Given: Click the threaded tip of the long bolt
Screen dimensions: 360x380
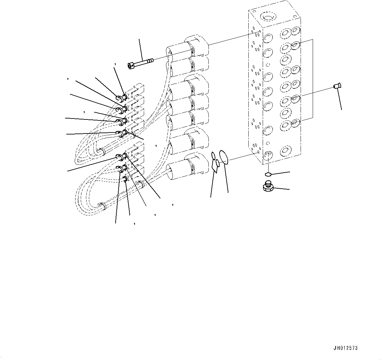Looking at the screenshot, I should click(x=151, y=60).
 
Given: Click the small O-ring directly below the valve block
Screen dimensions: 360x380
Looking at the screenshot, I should click(x=268, y=174).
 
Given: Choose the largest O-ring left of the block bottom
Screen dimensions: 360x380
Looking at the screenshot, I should click(x=223, y=156).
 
